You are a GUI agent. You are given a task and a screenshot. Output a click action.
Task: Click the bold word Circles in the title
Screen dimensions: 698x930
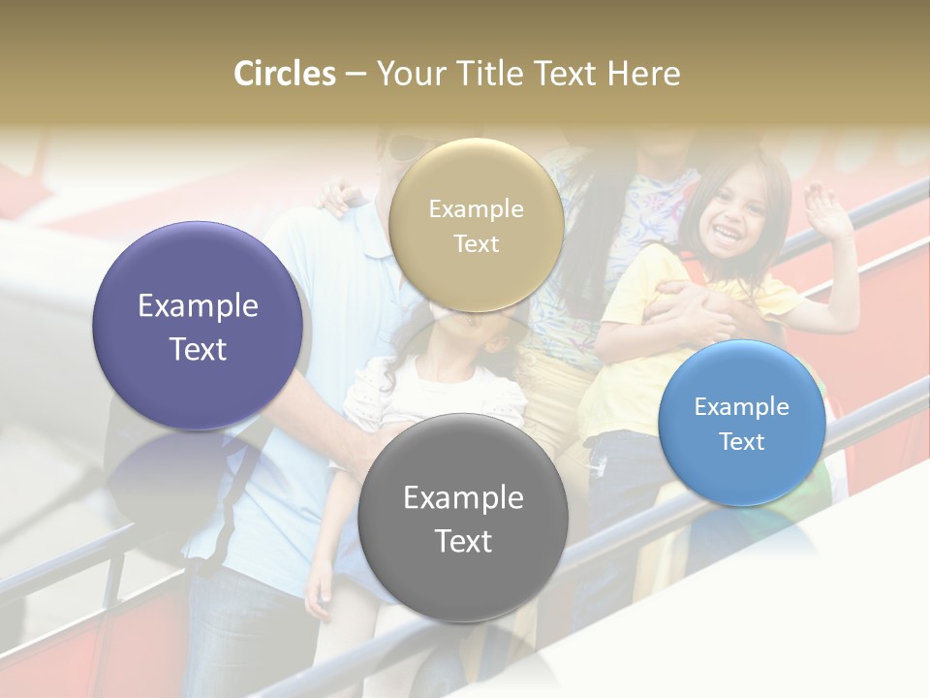[x=285, y=74]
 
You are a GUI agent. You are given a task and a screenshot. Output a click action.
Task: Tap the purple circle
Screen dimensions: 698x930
[x=198, y=327]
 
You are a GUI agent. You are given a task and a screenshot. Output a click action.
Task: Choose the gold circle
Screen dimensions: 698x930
[x=476, y=226]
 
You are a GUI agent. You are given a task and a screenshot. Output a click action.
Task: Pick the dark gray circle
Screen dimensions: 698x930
[x=462, y=518]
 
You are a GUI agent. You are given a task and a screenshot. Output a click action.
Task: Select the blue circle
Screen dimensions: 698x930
[x=741, y=423]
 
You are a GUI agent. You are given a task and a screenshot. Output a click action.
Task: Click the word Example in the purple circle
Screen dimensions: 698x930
[x=198, y=306]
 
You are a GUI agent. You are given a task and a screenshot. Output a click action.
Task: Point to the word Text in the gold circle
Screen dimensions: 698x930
[x=476, y=244]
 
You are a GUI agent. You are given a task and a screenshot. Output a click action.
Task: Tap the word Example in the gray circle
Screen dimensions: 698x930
[x=463, y=498]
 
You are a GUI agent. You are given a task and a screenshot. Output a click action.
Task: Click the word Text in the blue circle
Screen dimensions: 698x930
[x=742, y=442]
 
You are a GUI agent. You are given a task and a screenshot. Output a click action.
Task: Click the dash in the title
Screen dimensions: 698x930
[x=356, y=75]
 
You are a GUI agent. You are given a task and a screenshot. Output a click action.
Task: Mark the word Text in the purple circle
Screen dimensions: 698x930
[x=198, y=349]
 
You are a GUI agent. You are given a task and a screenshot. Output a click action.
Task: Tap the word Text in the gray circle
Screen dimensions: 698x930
[x=463, y=541]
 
